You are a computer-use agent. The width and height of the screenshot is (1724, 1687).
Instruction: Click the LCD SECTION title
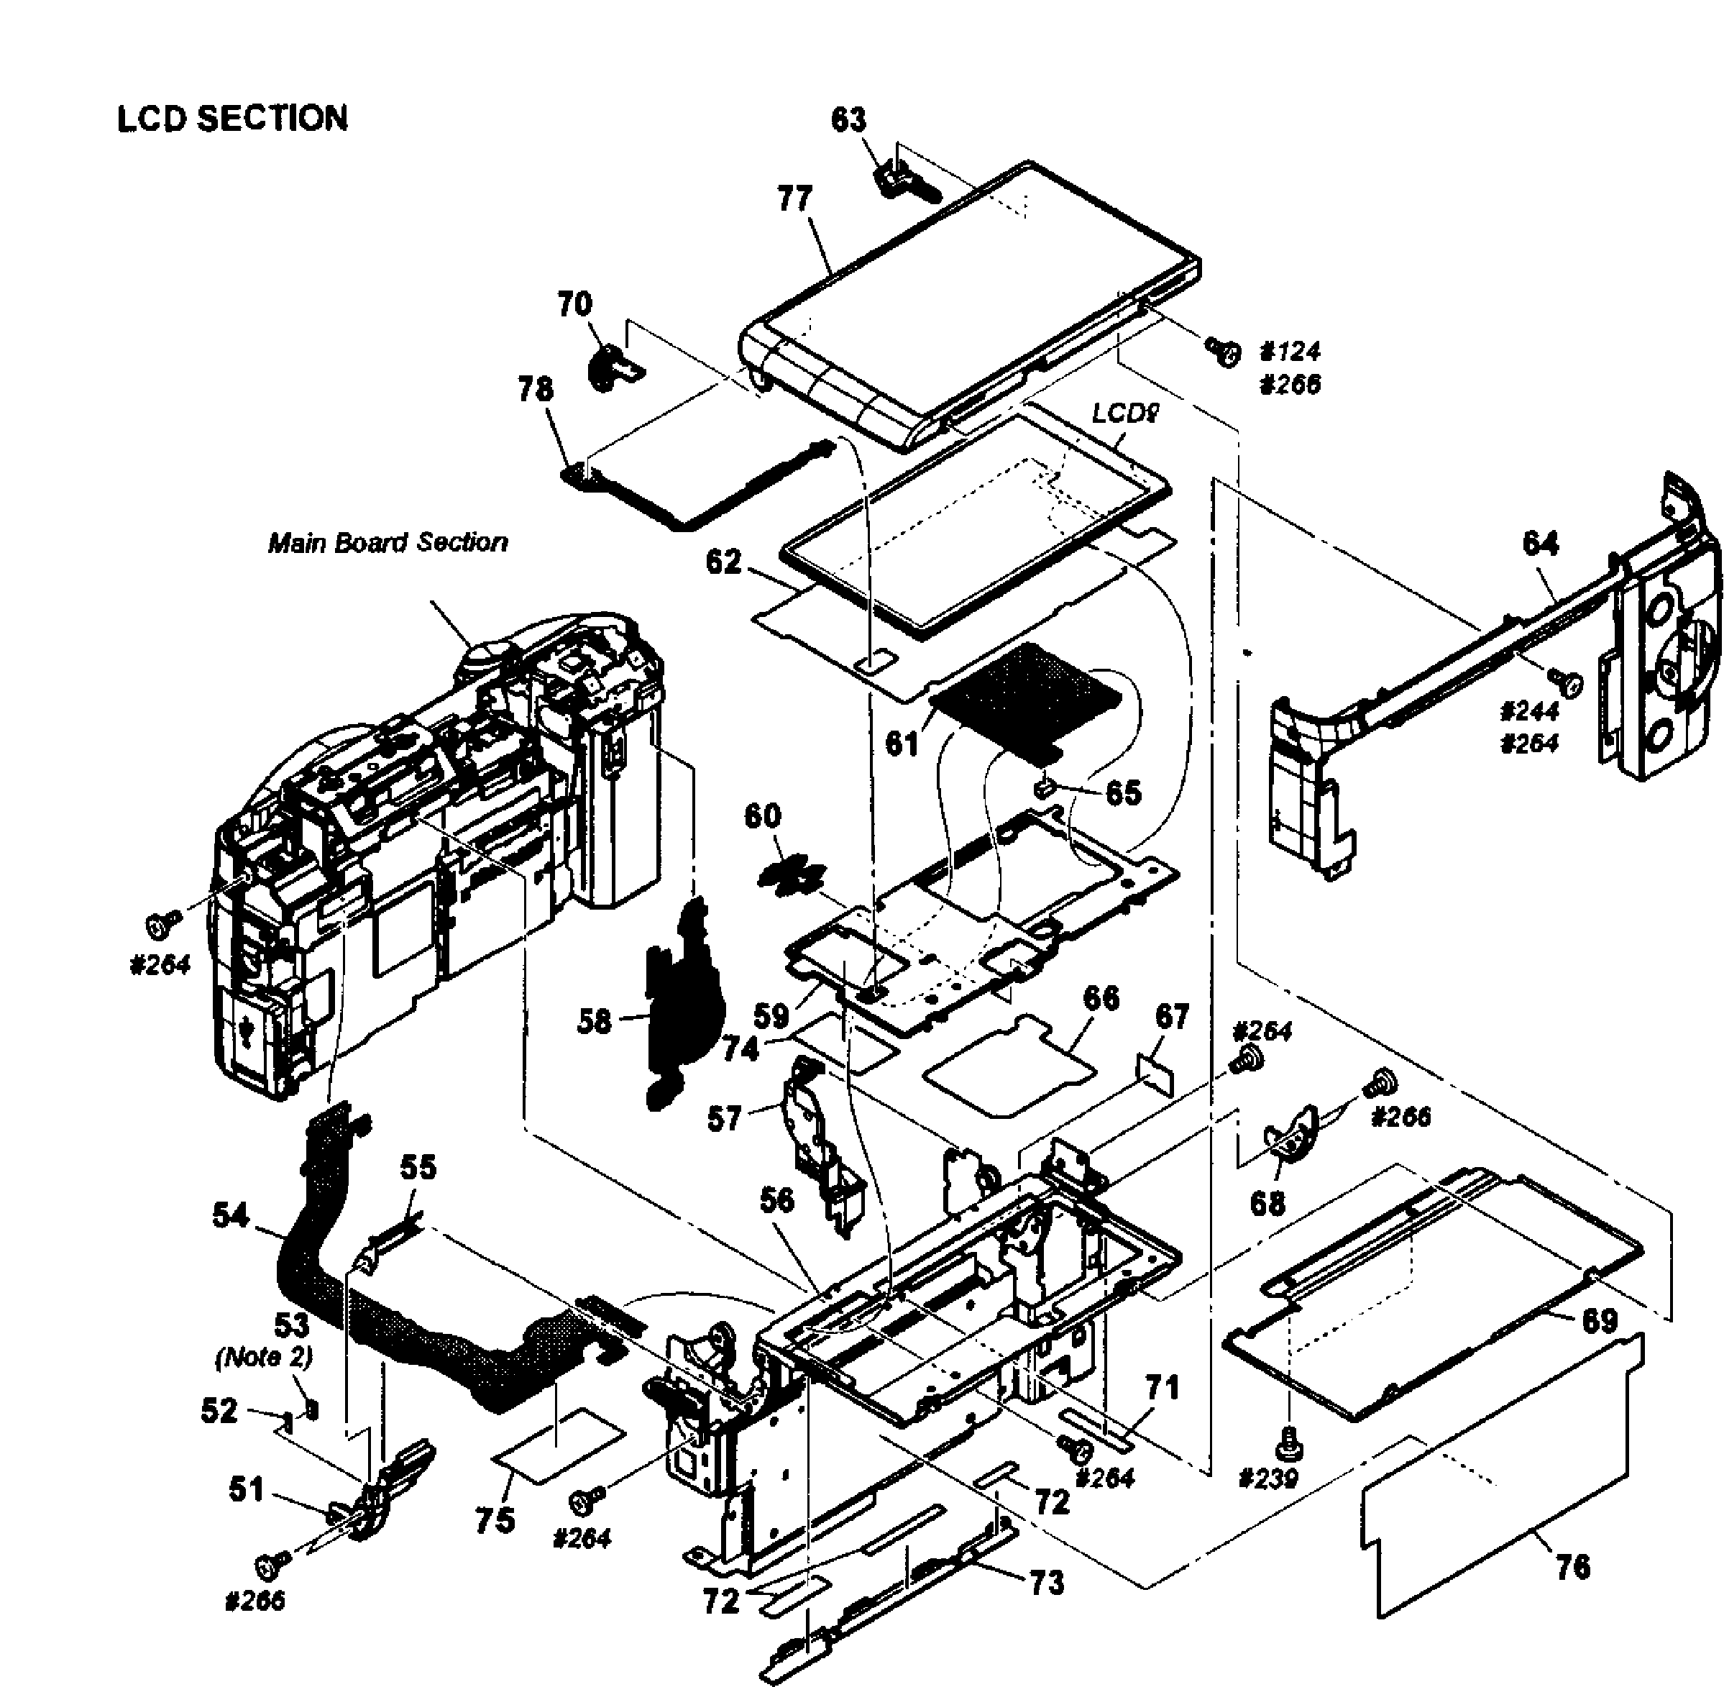232,119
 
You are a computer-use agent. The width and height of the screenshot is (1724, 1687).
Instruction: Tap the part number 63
848,119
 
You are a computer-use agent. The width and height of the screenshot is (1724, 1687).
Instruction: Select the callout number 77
794,198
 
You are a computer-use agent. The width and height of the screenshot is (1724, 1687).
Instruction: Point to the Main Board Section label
388,542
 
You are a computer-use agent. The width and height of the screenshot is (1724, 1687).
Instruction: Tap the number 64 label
1540,543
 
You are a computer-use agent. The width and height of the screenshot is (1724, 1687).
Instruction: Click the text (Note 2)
263,1358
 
